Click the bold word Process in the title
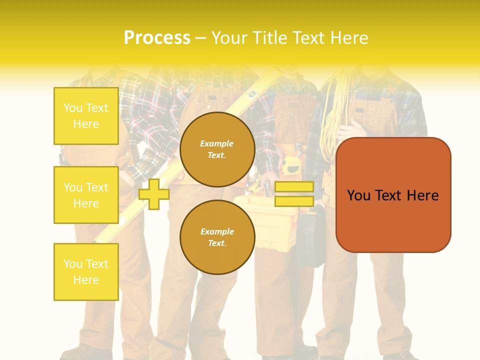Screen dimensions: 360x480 click(157, 38)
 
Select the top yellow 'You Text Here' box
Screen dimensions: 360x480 click(86, 116)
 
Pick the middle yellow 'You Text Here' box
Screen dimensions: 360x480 click(86, 195)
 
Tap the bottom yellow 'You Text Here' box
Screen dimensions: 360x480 click(86, 272)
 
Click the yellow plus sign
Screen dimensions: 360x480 click(154, 194)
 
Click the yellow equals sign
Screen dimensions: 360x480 click(294, 194)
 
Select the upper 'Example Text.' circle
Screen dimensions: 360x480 click(217, 149)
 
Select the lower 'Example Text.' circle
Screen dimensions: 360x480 click(217, 237)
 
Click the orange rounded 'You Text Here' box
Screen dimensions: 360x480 click(393, 195)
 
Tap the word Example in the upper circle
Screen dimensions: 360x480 click(216, 143)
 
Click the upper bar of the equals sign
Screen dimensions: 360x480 click(294, 187)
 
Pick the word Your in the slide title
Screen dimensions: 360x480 click(227, 38)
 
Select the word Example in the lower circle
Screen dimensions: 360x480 click(216, 231)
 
